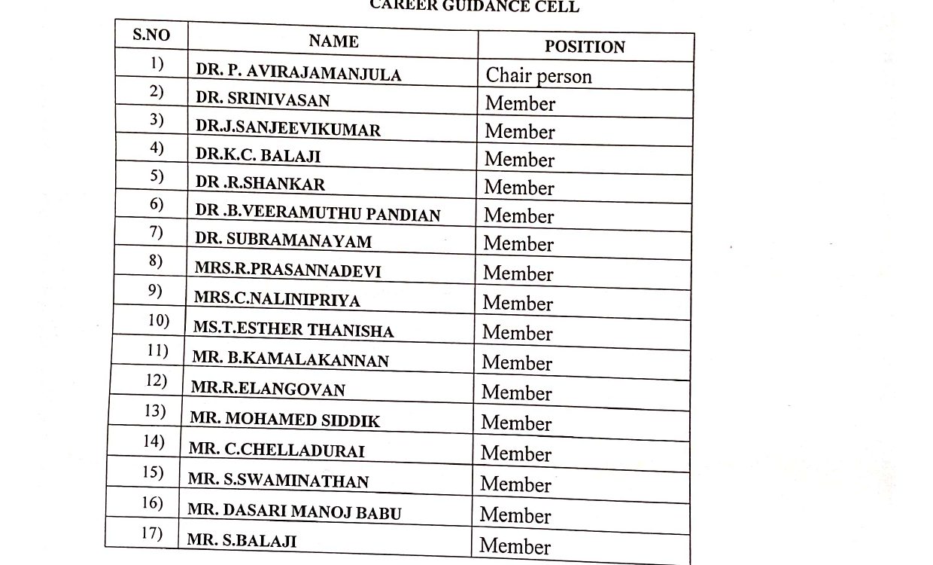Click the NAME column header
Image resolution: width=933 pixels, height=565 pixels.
point(333,41)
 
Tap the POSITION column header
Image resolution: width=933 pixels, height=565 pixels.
point(585,47)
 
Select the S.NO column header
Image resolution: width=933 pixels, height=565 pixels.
point(151,35)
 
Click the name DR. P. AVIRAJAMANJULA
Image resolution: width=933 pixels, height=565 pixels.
point(299,72)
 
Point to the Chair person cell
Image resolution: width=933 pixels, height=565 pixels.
point(539,76)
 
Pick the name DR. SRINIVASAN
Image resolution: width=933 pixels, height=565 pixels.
point(263,99)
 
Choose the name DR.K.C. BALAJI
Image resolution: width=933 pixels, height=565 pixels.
point(258,156)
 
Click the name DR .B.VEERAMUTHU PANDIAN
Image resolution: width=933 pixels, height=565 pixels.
point(318,214)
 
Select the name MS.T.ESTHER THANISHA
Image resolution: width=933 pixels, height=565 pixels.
point(293,329)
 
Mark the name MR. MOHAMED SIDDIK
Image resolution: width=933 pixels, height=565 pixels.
point(285,419)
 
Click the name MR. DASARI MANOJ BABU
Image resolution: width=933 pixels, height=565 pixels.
point(294,512)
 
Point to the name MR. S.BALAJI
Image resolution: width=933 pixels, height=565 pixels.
point(242,540)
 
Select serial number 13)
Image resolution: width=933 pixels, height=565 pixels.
point(154,411)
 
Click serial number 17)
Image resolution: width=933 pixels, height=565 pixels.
point(152,533)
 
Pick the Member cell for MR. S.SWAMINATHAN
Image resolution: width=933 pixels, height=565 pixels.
point(515,484)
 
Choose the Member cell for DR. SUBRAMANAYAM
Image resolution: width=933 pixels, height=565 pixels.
point(518,243)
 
